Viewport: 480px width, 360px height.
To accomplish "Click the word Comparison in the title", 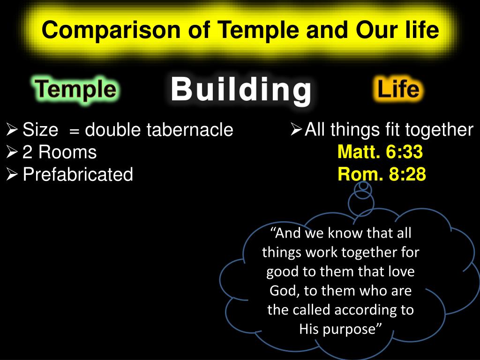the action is pos(111,30).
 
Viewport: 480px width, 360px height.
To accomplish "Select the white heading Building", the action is pos(241,89).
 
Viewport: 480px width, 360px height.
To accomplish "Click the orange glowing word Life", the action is pos(398,89).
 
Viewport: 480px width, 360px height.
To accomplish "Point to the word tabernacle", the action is pos(189,129).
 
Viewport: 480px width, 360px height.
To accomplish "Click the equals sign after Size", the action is pos(75,131).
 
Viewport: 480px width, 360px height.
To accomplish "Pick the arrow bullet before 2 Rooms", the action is pos(12,152).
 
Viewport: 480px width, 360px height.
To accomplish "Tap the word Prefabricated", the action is pos(78,174).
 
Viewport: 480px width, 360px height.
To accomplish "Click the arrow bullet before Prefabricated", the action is pos(12,174).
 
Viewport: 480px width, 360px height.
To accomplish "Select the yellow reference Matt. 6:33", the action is pos(380,151).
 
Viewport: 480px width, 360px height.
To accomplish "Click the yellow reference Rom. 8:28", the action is pos(382,174).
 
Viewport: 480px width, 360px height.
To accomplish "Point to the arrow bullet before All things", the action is pos(296,129).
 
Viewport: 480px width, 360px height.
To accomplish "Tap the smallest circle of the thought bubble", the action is pos(363,186).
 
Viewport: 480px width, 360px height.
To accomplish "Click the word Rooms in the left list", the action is pos(67,152).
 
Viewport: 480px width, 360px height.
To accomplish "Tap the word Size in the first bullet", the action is pos(40,129).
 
